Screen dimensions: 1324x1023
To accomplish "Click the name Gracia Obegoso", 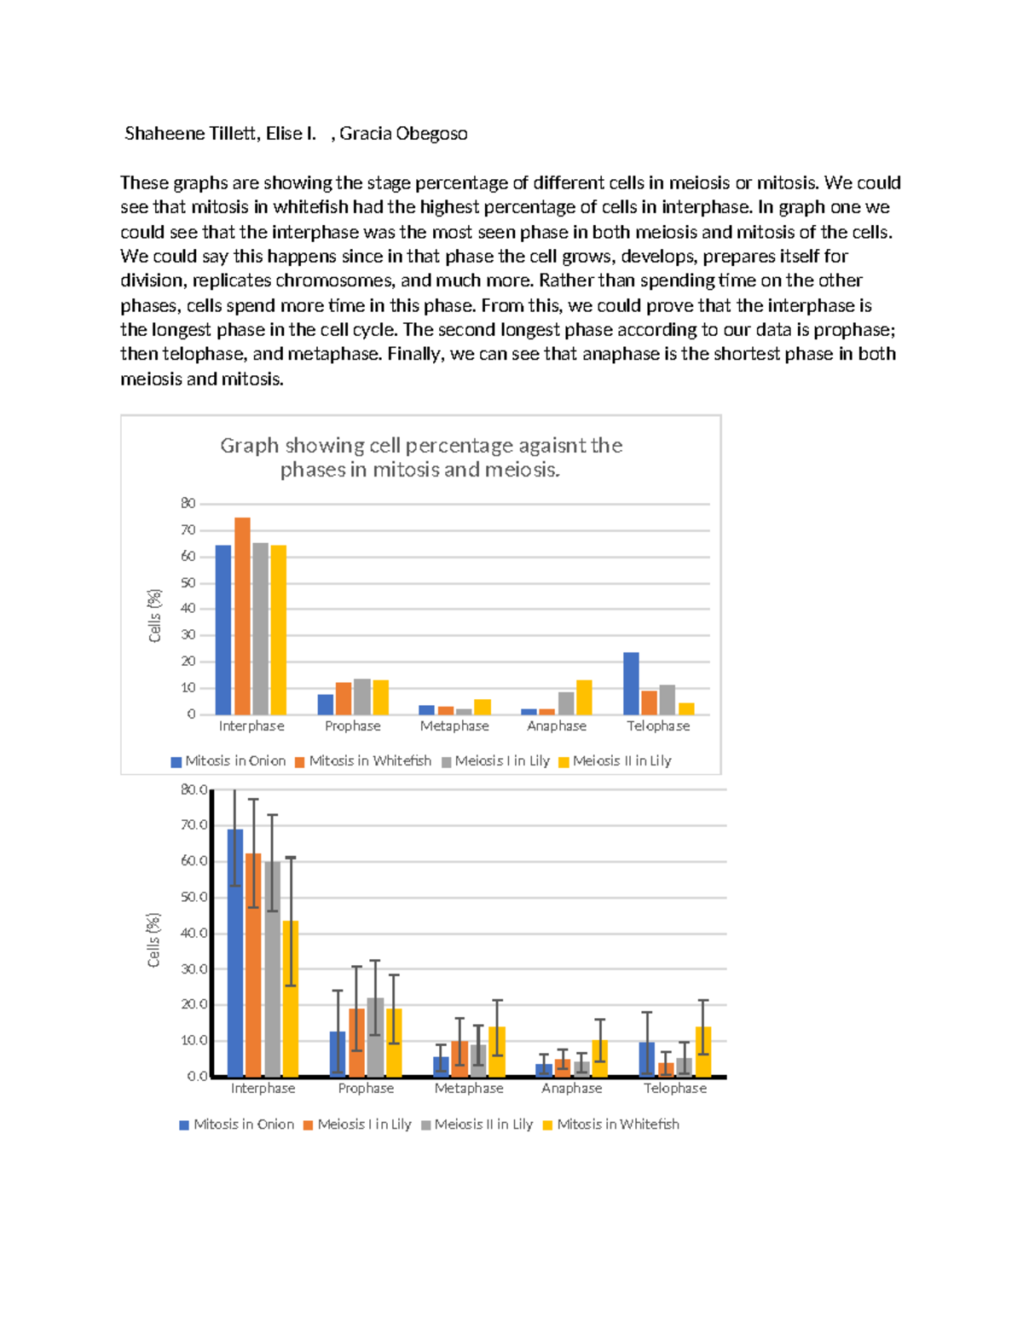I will pyautogui.click(x=403, y=134).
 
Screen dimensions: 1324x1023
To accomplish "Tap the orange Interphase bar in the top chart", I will pyautogui.click(x=242, y=616).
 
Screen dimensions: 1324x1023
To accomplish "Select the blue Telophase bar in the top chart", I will pyautogui.click(x=631, y=684).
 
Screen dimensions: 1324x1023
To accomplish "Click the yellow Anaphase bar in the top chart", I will pyautogui.click(x=584, y=697).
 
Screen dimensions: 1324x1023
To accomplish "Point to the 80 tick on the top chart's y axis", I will pyautogui.click(x=188, y=504).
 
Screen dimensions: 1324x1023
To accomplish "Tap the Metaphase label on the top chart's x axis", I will pyautogui.click(x=454, y=726).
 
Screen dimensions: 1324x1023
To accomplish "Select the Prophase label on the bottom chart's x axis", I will pyautogui.click(x=366, y=1089).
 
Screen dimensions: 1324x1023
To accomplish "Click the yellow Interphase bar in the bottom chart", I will pyautogui.click(x=291, y=998).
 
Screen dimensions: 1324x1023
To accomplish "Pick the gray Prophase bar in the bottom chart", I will pyautogui.click(x=375, y=1037).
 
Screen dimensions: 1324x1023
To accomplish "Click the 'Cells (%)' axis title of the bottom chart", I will pyautogui.click(x=154, y=940).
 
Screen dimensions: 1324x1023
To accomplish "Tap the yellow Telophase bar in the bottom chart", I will pyautogui.click(x=703, y=1052).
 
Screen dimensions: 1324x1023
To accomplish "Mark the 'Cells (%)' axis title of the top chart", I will pyautogui.click(x=154, y=616).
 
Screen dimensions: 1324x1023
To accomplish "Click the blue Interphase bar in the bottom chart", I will pyautogui.click(x=234, y=952).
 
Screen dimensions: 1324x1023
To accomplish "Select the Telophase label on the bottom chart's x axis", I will pyautogui.click(x=675, y=1089).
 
